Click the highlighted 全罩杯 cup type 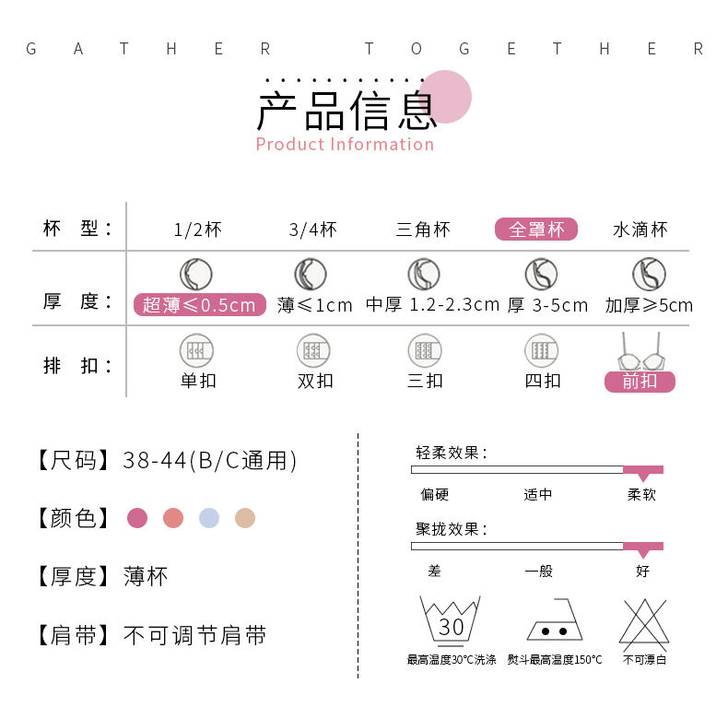[x=535, y=230]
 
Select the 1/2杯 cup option [x=197, y=230]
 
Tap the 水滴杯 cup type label [x=640, y=230]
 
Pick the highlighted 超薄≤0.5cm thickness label [x=199, y=305]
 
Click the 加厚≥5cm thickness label [x=649, y=305]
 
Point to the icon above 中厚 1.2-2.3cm [x=424, y=274]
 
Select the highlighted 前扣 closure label [x=640, y=381]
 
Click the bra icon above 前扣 [x=640, y=351]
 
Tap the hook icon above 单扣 [x=196, y=350]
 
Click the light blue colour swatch [x=209, y=518]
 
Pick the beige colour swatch [x=244, y=518]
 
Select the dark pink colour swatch [x=137, y=518]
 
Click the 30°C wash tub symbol [x=451, y=619]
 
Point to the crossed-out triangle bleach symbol [x=643, y=621]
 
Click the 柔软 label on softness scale [x=642, y=495]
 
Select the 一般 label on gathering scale [x=538, y=572]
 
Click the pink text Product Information [x=345, y=144]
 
